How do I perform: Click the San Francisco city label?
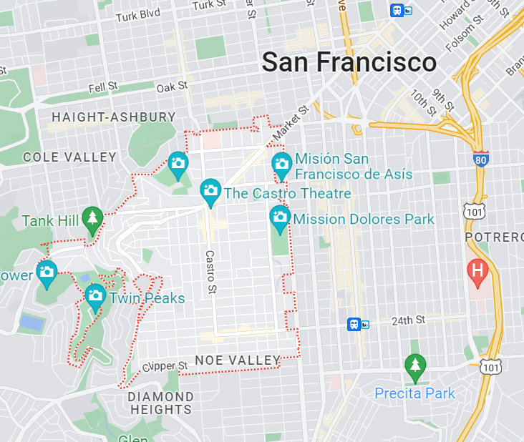pyautogui.click(x=349, y=62)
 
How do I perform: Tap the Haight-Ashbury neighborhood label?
pyautogui.click(x=114, y=117)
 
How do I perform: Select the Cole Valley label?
pyautogui.click(x=69, y=157)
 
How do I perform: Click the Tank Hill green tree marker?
pyautogui.click(x=92, y=217)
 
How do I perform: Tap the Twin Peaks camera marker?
pyautogui.click(x=95, y=295)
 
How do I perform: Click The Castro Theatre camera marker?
pyautogui.click(x=210, y=190)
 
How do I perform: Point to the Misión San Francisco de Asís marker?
pyautogui.click(x=282, y=164)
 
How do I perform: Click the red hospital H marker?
pyautogui.click(x=477, y=270)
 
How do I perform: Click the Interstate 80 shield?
pyautogui.click(x=482, y=159)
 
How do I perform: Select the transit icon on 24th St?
pyautogui.click(x=357, y=324)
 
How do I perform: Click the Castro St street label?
pyautogui.click(x=210, y=271)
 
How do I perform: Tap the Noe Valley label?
pyautogui.click(x=238, y=360)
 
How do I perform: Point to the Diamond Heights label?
pyautogui.click(x=161, y=403)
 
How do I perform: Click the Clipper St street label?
pyautogui.click(x=165, y=366)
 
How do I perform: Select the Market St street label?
pyautogui.click(x=290, y=122)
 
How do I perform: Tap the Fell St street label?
pyautogui.click(x=102, y=87)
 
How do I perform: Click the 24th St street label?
pyautogui.click(x=408, y=320)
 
